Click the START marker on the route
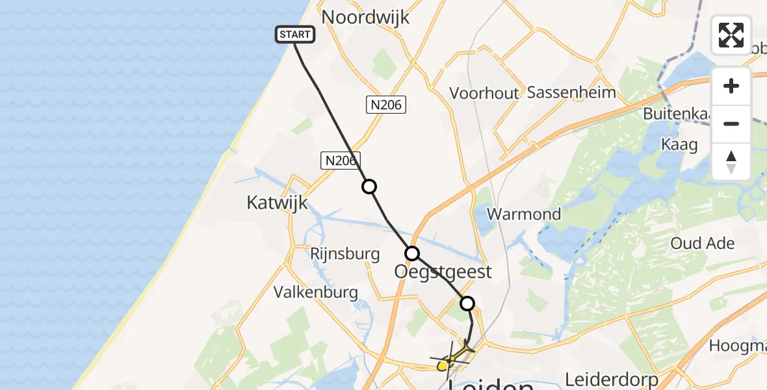[x=296, y=34]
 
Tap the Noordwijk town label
[x=366, y=17]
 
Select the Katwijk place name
[x=277, y=203]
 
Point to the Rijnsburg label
[x=345, y=253]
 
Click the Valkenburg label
[x=316, y=292]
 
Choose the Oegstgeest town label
[x=443, y=271]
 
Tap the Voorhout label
[x=484, y=93]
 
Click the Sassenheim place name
[x=571, y=92]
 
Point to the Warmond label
[x=524, y=214]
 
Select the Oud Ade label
[x=703, y=244]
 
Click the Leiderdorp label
[x=612, y=378]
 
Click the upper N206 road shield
[x=386, y=105]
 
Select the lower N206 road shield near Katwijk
[x=340, y=161]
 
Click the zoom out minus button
[x=731, y=123]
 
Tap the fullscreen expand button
[x=731, y=34]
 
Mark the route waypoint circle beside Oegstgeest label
[x=412, y=253]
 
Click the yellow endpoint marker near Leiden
[x=443, y=366]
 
